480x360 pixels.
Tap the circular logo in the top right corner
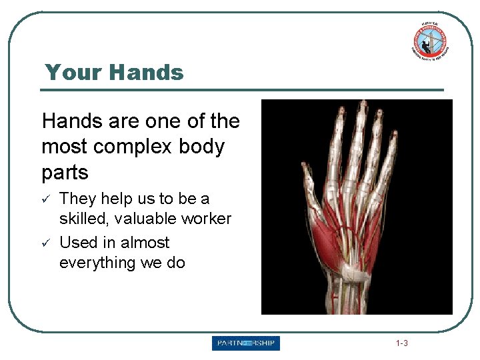(x=429, y=41)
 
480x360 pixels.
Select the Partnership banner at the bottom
(x=246, y=343)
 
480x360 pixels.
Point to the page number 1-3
(x=401, y=344)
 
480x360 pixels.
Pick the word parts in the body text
(x=65, y=173)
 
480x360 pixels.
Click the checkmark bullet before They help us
(x=45, y=199)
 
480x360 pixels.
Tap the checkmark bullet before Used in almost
(x=45, y=243)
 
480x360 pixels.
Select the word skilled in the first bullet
(x=83, y=219)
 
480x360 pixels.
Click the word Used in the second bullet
(x=76, y=243)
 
